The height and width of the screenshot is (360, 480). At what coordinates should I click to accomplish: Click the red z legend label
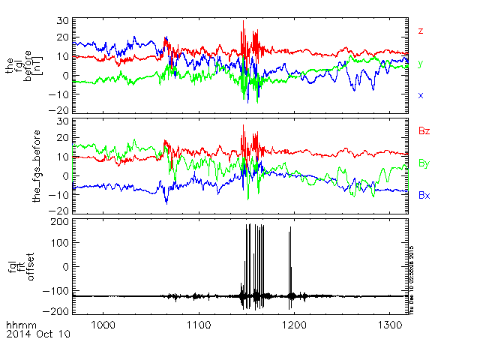coord(421,31)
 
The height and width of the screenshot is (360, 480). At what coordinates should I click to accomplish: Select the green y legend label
coord(421,64)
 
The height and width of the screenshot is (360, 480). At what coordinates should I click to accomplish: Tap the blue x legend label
coord(421,95)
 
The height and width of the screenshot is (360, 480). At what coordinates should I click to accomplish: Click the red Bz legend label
coord(424,131)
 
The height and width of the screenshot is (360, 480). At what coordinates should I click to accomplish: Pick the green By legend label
coord(424,163)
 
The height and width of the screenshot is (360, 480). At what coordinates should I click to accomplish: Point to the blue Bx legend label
coord(424,195)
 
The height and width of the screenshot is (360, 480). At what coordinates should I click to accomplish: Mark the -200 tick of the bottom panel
coord(58,310)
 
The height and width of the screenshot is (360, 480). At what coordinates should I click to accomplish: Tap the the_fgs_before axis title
coord(35,165)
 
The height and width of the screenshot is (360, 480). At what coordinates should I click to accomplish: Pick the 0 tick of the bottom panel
coord(66,266)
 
